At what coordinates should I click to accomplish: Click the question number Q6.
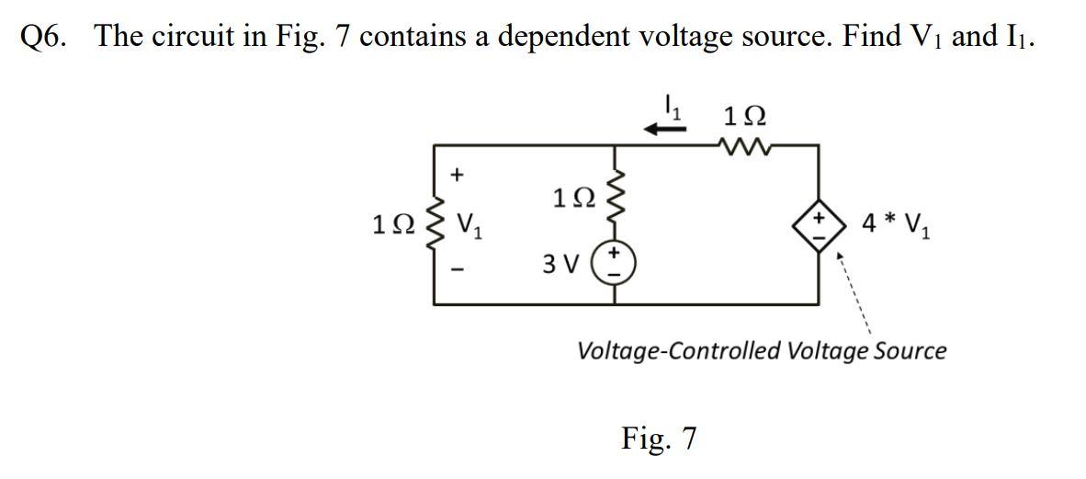[46, 38]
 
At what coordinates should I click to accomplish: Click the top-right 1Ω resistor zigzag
[746, 143]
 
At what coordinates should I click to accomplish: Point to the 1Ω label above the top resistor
[745, 117]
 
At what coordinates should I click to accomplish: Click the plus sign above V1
[459, 172]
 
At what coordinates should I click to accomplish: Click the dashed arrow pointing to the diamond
[853, 294]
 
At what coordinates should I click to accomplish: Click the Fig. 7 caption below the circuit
[659, 438]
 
